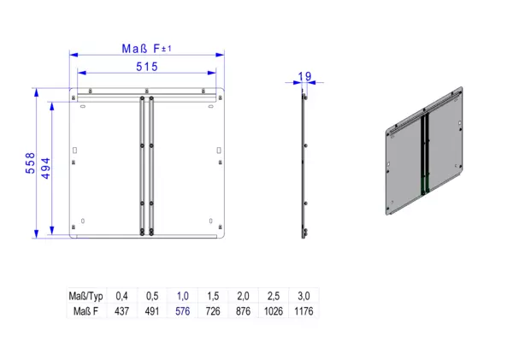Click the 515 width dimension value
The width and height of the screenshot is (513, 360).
point(147,67)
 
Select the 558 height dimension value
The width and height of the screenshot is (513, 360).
point(30,162)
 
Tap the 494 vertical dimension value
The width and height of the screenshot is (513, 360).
point(46,168)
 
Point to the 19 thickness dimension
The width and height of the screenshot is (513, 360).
point(304,77)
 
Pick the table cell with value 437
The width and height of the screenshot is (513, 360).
point(121,311)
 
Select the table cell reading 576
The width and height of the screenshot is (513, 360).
point(183,311)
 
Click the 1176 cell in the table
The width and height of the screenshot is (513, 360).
point(304,311)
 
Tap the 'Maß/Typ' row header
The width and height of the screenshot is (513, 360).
point(85,296)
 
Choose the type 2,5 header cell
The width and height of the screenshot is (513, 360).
point(274,296)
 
